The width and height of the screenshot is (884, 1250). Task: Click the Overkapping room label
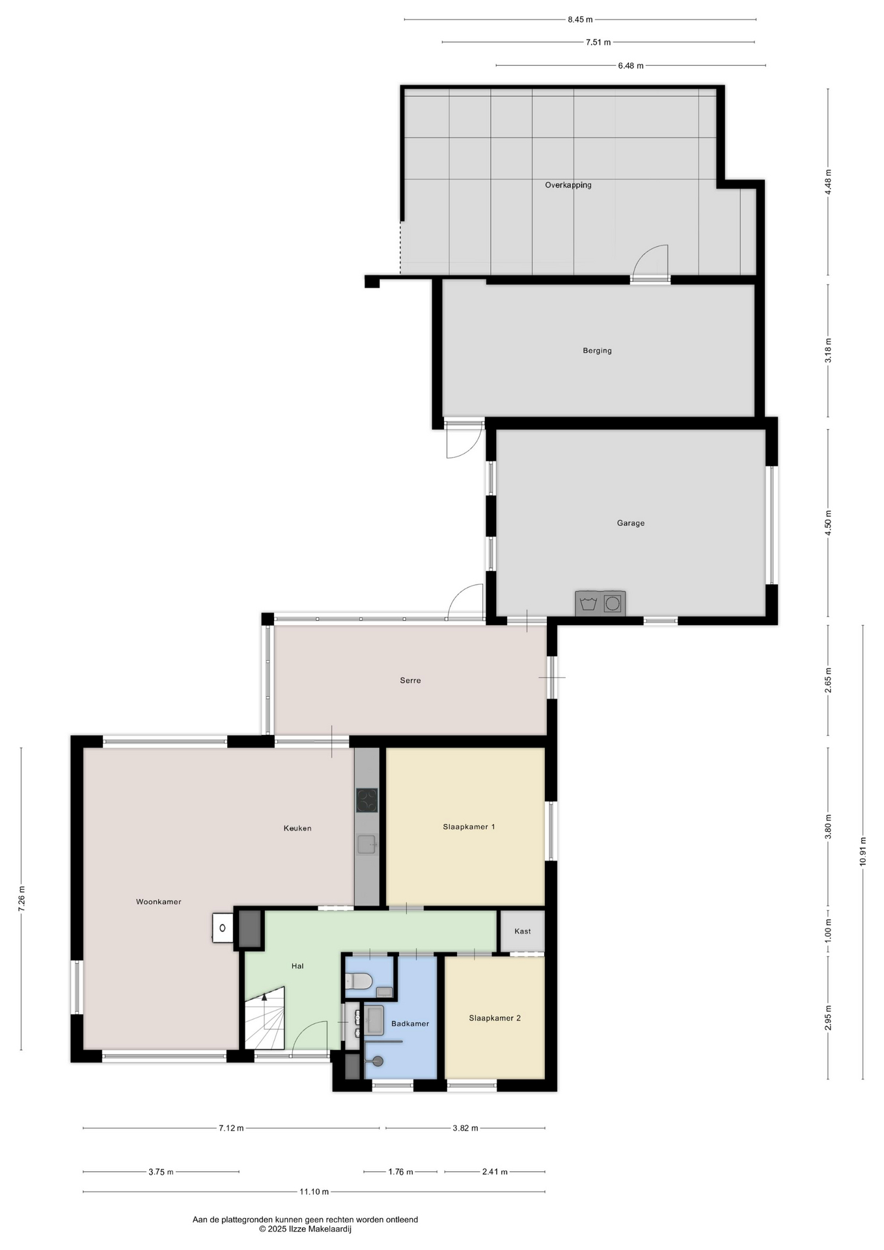(x=568, y=185)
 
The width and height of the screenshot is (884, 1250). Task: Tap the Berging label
(x=597, y=350)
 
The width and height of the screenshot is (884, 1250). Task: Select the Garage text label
(x=631, y=523)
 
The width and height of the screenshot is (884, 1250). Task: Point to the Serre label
(x=410, y=680)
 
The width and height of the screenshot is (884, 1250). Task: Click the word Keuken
(x=297, y=828)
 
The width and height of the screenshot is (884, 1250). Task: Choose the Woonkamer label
(x=158, y=902)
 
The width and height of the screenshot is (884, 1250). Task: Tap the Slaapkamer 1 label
(x=469, y=827)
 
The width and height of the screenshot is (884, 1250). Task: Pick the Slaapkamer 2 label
(x=495, y=1018)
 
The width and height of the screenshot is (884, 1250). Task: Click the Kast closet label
(x=523, y=931)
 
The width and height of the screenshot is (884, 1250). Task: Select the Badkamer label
(x=410, y=1023)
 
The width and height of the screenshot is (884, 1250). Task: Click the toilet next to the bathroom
(x=358, y=981)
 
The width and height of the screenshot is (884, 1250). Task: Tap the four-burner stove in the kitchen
(x=367, y=800)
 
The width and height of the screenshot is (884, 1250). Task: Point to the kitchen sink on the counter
(x=367, y=844)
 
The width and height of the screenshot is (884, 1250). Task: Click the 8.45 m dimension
(x=580, y=20)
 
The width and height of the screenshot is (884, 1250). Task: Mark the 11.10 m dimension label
(x=314, y=1192)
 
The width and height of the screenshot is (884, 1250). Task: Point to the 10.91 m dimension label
(x=863, y=851)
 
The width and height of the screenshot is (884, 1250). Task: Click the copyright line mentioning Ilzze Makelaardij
(x=305, y=1229)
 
